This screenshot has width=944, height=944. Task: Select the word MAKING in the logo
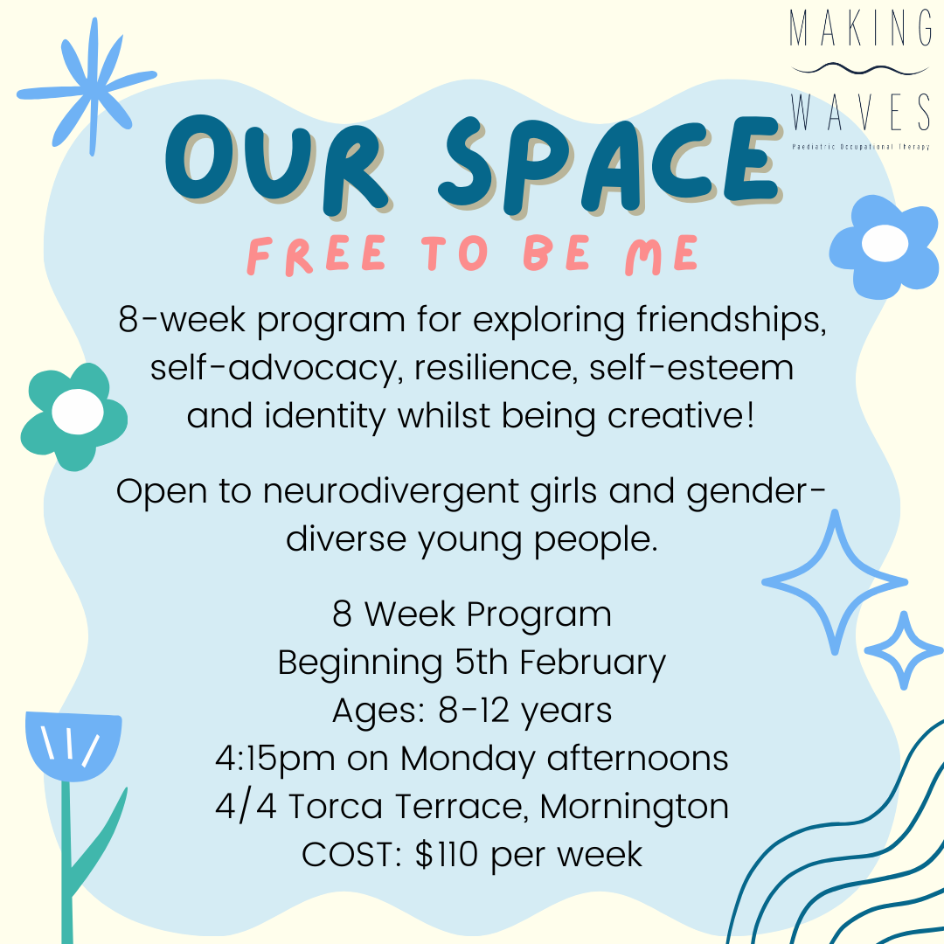[x=860, y=30]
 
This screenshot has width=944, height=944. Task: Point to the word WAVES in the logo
[x=860, y=112]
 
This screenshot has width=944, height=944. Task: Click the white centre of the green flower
[x=76, y=411]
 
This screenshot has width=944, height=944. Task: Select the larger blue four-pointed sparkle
[x=834, y=580]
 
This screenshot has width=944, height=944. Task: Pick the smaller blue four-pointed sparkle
[x=904, y=649]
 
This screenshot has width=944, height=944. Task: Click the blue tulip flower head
[x=73, y=744]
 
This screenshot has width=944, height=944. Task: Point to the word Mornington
[x=635, y=806]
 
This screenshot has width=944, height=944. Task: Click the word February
[x=593, y=663]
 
